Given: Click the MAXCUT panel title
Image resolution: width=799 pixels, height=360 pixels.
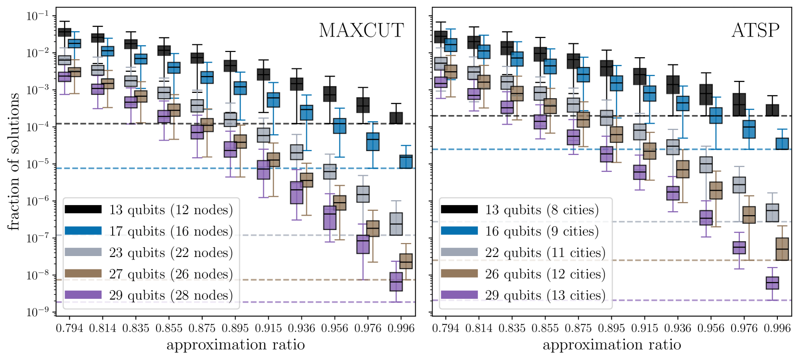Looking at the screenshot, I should tap(361, 30).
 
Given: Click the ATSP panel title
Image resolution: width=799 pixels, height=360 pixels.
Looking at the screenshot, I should tap(755, 30).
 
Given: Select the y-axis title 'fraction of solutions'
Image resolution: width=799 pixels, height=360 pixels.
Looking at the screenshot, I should tap(13, 161).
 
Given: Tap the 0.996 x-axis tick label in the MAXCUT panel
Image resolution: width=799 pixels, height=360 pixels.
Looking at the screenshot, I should tap(401, 328).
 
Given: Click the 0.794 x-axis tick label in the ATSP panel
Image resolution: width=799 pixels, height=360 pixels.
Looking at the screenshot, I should tap(446, 328).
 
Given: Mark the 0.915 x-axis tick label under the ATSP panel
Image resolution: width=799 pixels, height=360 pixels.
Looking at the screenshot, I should tap(644, 328).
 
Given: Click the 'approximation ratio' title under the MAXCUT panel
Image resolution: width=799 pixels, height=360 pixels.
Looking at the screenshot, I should tap(235, 345).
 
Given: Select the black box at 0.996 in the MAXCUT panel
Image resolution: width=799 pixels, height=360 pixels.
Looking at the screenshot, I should tap(396, 118).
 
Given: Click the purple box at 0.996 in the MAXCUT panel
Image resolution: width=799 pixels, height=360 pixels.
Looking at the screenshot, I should tap(396, 282).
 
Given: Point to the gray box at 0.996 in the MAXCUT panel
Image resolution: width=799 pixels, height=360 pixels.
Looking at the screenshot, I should tap(396, 224).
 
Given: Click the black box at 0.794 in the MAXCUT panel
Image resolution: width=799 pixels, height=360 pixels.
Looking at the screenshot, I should tap(64, 32).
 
